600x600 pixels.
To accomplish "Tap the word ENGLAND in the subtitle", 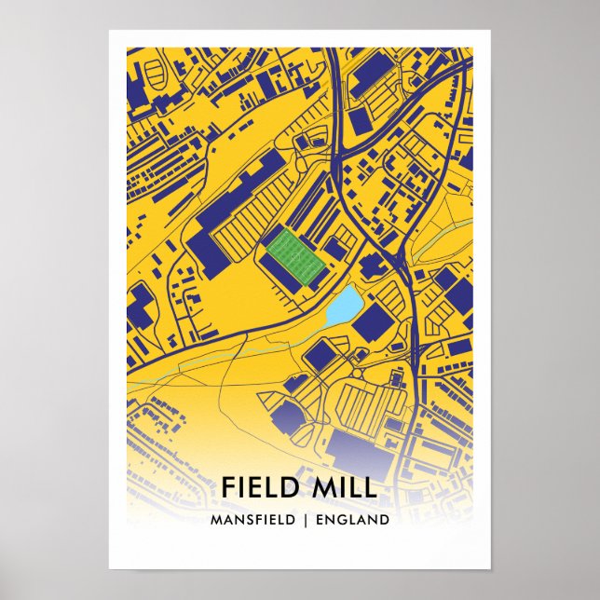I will [x=354, y=520].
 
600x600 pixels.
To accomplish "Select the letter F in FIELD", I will [x=229, y=487].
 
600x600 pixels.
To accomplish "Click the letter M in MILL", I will [x=328, y=487].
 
